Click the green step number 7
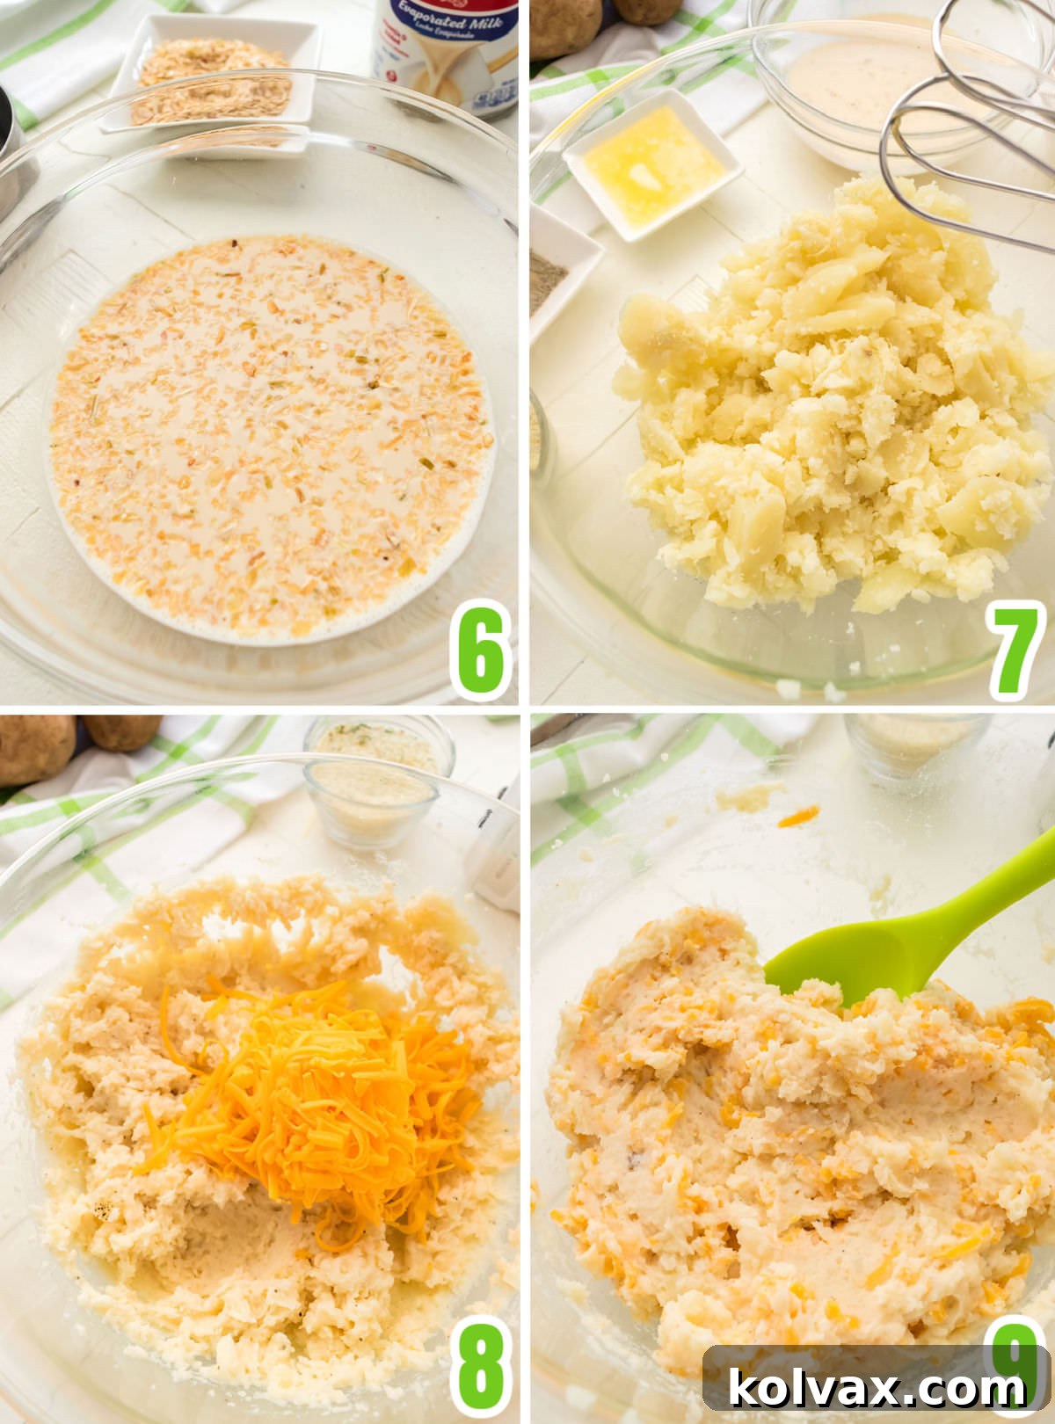coord(1015,651)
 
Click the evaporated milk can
coord(444,53)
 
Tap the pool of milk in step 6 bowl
coord(268,435)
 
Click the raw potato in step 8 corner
coord(35,747)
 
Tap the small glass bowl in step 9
coord(914,743)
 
